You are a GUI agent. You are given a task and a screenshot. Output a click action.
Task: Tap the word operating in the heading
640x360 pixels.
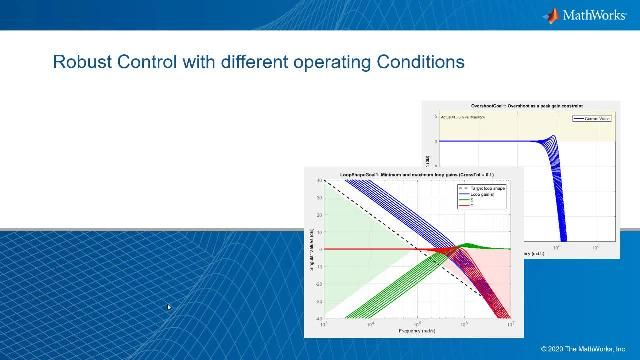tap(331, 62)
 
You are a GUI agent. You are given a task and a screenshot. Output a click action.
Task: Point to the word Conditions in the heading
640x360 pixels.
tap(420, 62)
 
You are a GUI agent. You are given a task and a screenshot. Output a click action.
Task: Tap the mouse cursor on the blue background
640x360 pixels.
tap(168, 308)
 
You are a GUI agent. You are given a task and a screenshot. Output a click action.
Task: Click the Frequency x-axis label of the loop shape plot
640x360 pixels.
tap(414, 329)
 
